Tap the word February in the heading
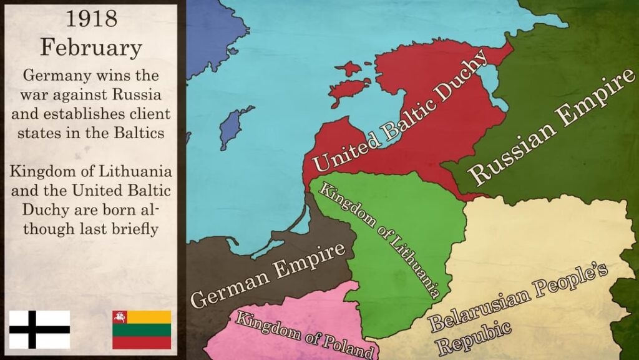click(x=91, y=47)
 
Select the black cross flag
click(x=39, y=329)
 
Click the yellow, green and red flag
click(x=142, y=329)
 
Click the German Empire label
click(x=268, y=274)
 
